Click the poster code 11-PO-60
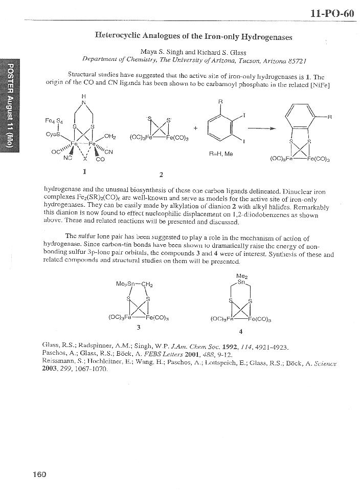coord(332,13)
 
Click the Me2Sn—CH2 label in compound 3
coord(135,284)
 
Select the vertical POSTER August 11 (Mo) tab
coord(9,105)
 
